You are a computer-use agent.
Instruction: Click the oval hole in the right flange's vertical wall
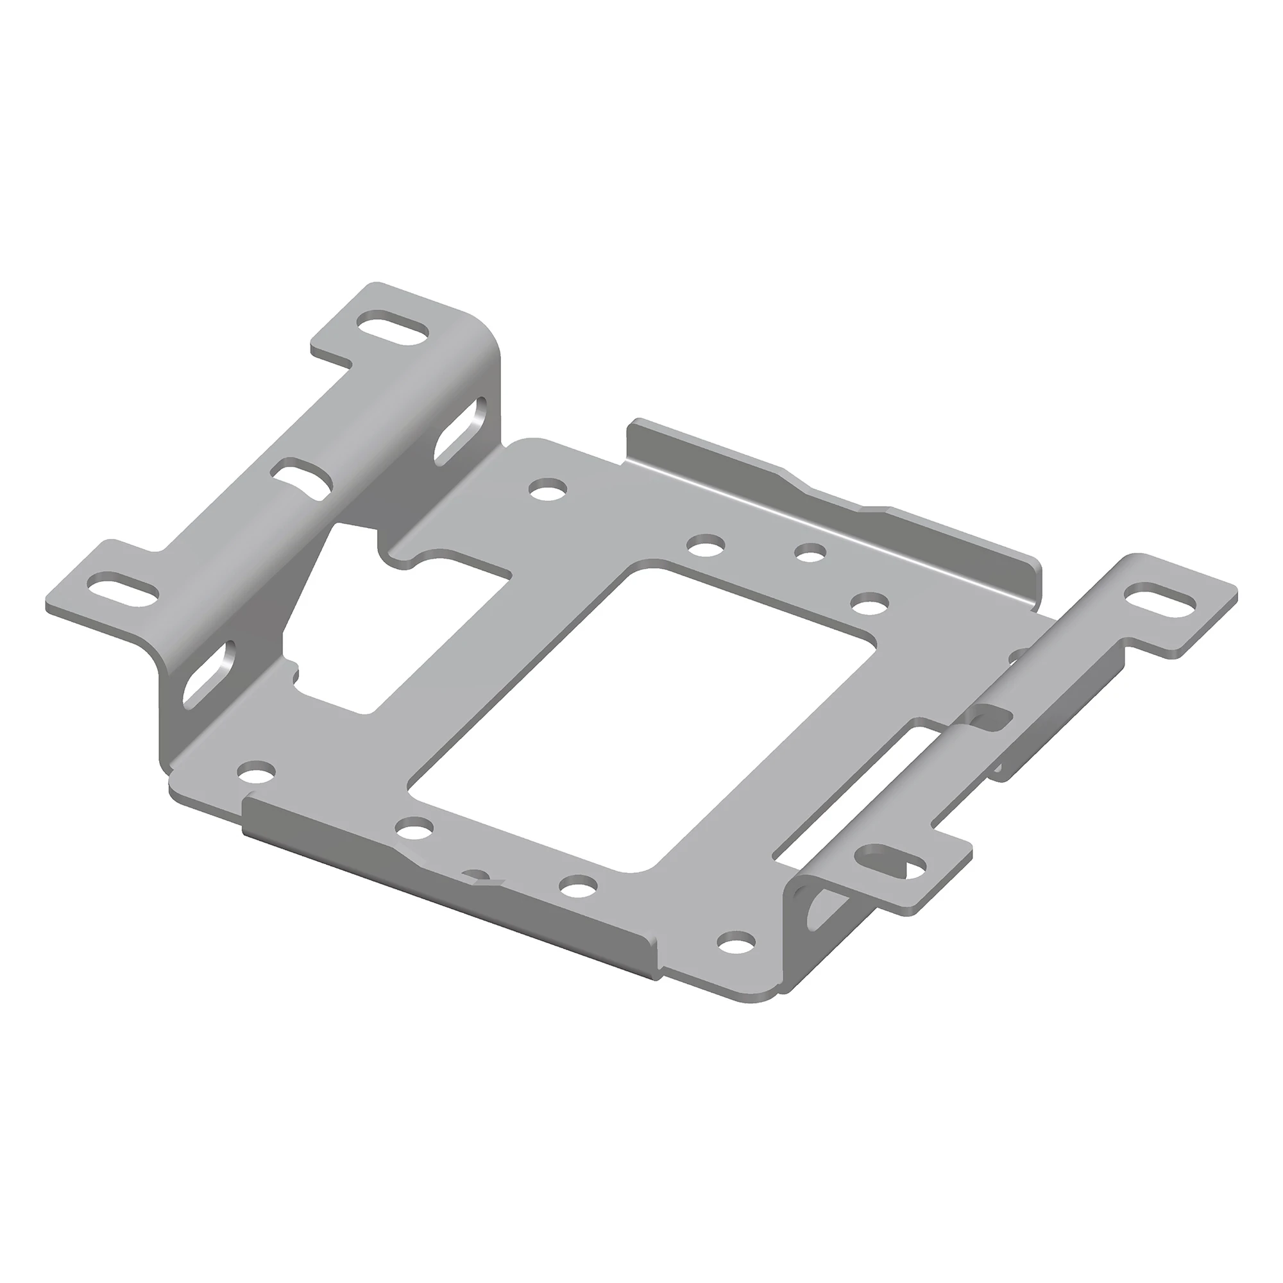coord(814,915)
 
